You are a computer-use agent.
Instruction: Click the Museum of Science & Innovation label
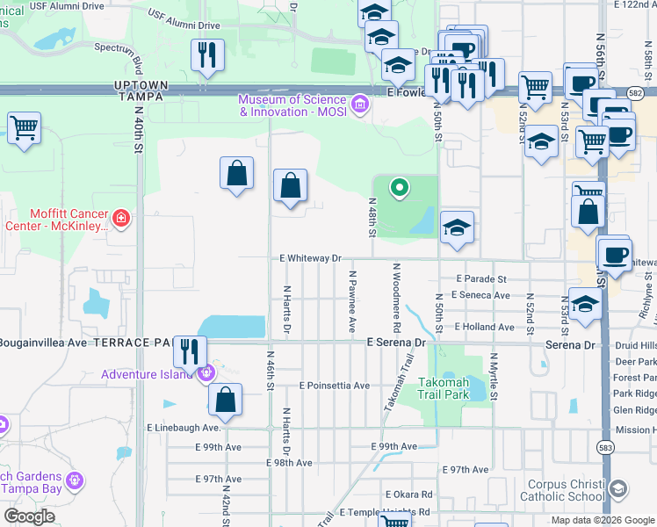point(293,105)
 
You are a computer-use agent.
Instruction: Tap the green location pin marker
point(400,187)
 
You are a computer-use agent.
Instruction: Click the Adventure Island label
point(148,374)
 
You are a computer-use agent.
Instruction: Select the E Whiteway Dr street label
point(309,258)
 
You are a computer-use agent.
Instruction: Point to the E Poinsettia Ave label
point(334,386)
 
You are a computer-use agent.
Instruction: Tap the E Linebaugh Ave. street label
point(184,428)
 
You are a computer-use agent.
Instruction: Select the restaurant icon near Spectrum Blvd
point(208,54)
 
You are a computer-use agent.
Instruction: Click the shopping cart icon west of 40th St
point(25,127)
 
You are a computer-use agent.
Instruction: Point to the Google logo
point(29,516)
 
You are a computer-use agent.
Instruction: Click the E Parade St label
point(482,278)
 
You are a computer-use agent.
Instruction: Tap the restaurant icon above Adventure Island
point(190,351)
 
